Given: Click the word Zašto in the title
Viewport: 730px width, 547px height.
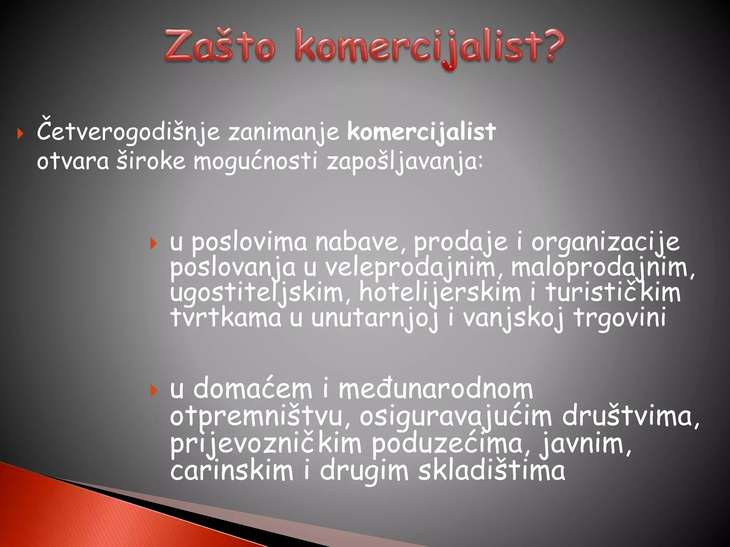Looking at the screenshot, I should coord(220,46).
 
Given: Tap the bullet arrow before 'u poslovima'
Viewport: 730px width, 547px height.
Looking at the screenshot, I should coord(154,244).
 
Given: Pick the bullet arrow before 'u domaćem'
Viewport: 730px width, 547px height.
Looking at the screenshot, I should coord(154,391).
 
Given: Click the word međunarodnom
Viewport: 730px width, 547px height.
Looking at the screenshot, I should coord(436,390).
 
